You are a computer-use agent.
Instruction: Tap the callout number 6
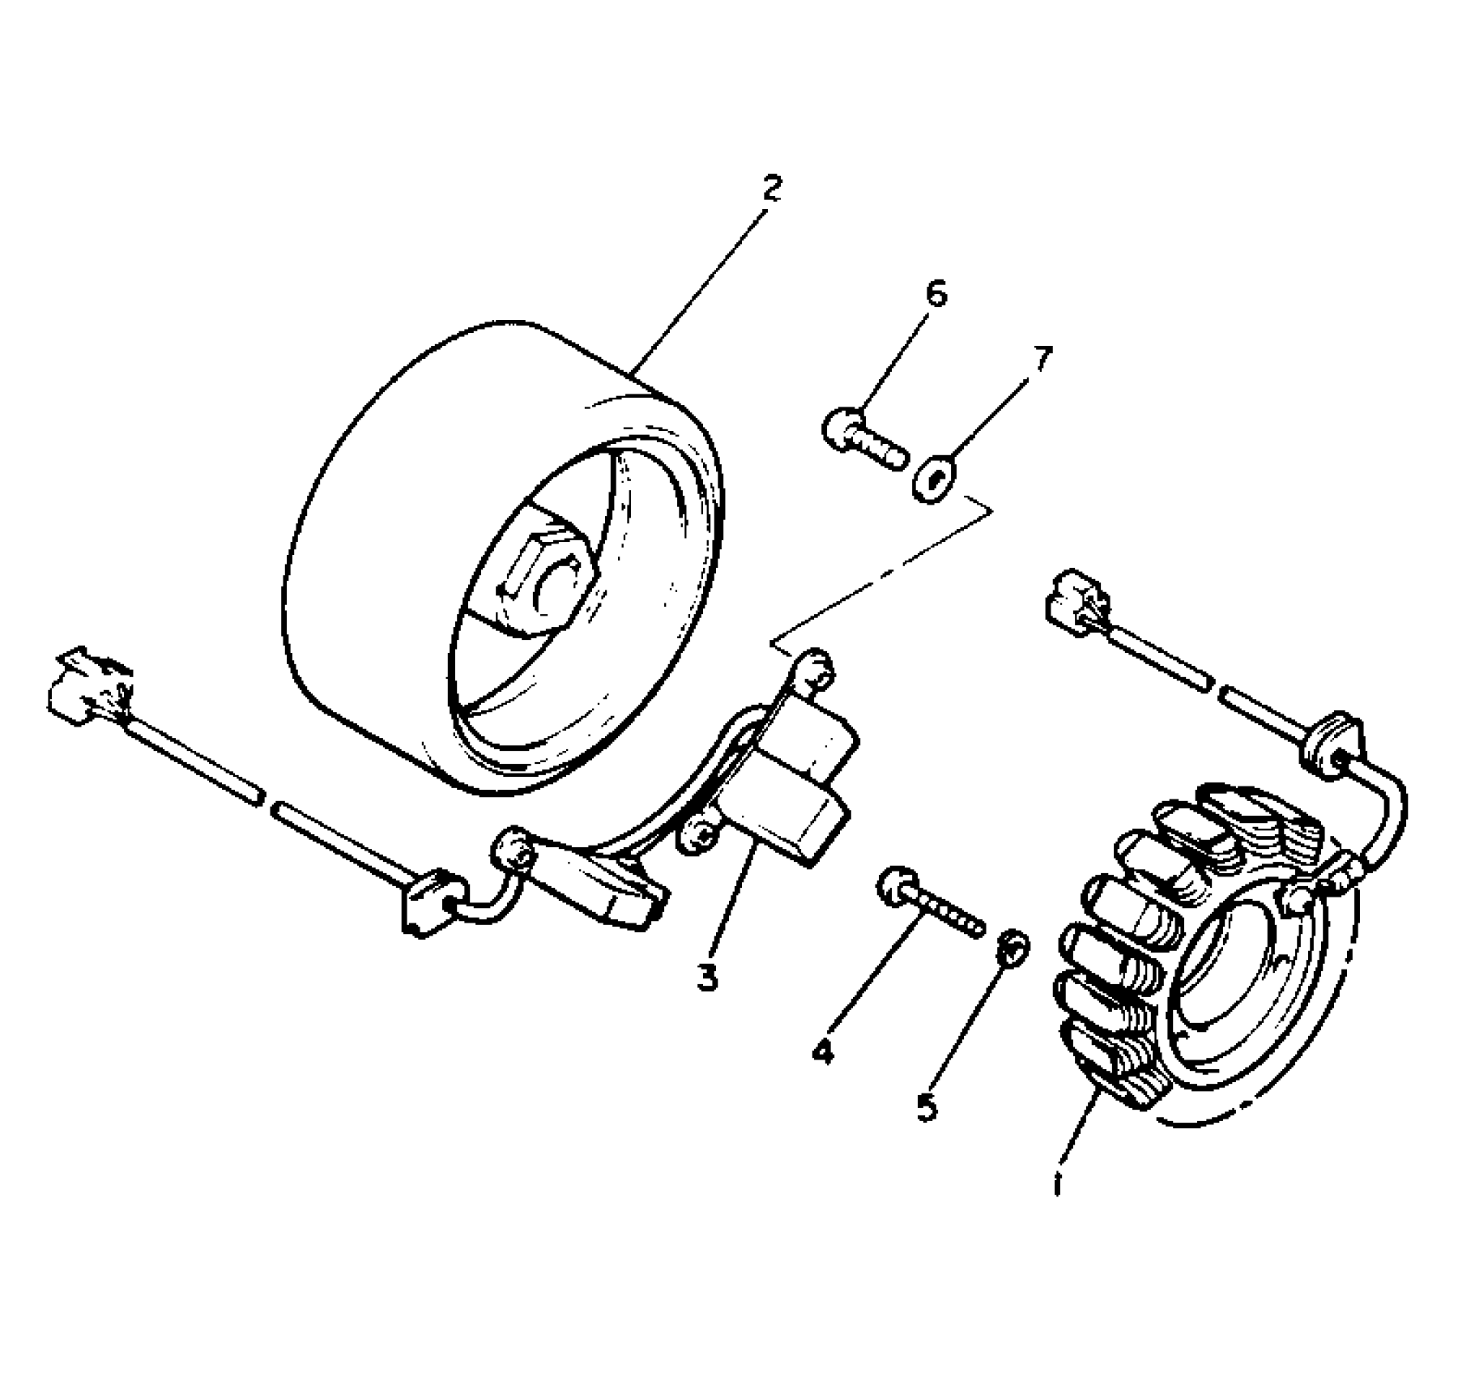(x=936, y=294)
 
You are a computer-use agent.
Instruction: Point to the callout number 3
(x=707, y=978)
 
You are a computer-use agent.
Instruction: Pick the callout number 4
(x=821, y=1051)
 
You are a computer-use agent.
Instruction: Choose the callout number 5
(x=927, y=1106)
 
